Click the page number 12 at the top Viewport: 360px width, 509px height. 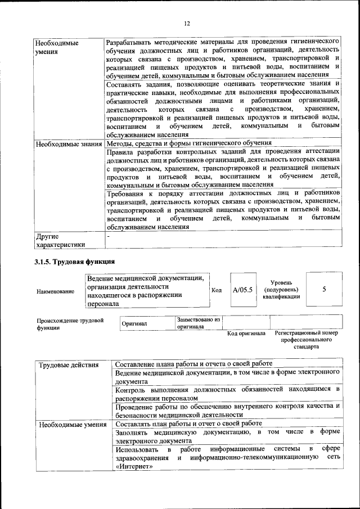pyautogui.click(x=187, y=23)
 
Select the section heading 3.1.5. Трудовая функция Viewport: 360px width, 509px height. pyautogui.click(x=75, y=262)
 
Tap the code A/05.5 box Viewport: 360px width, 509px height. pyautogui.click(x=243, y=290)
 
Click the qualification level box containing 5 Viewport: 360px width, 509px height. pyautogui.click(x=324, y=289)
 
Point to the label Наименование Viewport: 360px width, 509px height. pyautogui.click(x=55, y=291)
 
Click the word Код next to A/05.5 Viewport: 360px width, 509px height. pyautogui.click(x=217, y=290)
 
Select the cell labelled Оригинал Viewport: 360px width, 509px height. pyautogui.click(x=134, y=323)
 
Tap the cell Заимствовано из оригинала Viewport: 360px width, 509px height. pyautogui.click(x=199, y=322)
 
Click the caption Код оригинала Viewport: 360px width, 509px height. pyautogui.click(x=246, y=334)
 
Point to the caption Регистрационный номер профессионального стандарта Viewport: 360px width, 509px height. pyautogui.click(x=306, y=340)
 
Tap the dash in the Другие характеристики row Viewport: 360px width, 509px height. pyautogui.click(x=109, y=237)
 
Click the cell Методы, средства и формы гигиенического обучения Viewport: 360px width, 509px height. pyautogui.click(x=189, y=143)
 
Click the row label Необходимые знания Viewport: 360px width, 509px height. pyautogui.click(x=68, y=143)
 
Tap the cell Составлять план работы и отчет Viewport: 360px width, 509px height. pyautogui.click(x=188, y=424)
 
